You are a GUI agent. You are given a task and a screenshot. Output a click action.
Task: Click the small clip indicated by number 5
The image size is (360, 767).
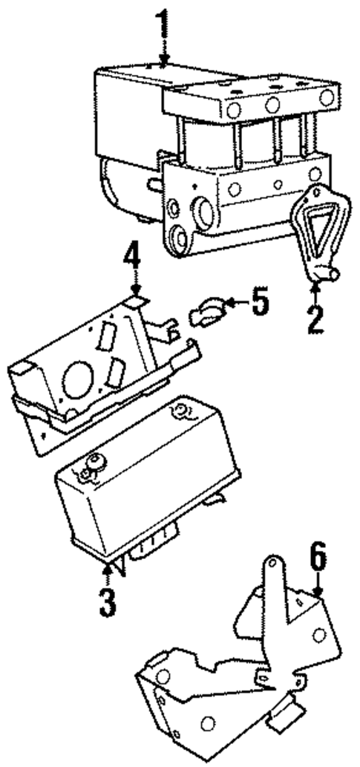point(204,310)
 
